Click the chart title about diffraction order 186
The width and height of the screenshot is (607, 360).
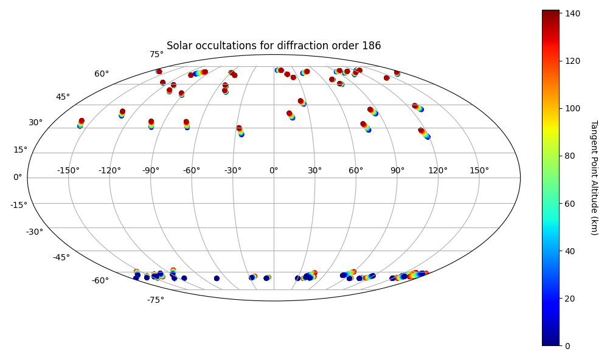coord(274,46)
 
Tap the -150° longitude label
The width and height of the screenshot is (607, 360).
coord(68,170)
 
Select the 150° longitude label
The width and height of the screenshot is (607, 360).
coord(479,170)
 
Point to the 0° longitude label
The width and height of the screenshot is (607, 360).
coord(274,170)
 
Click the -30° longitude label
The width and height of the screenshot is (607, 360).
coord(232,170)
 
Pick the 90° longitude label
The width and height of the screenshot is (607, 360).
coord(397,170)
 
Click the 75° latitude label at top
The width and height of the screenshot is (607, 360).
coord(157,54)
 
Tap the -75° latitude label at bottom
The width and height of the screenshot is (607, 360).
coord(155,300)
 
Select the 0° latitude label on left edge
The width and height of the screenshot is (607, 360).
coord(17,177)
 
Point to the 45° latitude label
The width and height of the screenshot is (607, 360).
coord(63,97)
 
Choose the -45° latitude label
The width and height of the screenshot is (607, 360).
coord(61,257)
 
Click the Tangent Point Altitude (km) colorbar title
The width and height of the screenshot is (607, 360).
coord(594,178)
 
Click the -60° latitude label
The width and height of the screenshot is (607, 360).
coord(100,280)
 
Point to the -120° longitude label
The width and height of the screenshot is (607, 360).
coord(109,170)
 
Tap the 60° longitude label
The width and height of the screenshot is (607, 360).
coord(356,170)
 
